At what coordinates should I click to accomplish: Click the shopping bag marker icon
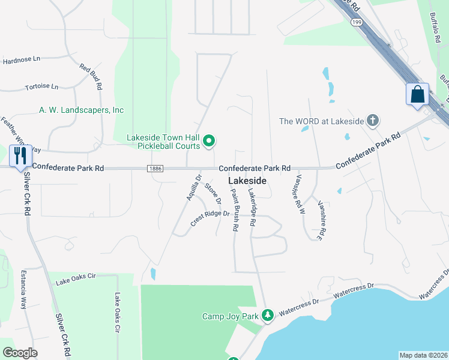tap(417, 95)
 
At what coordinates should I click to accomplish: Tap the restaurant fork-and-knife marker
tap(20, 156)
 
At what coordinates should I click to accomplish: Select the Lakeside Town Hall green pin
tap(209, 142)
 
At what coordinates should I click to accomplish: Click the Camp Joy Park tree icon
tap(268, 315)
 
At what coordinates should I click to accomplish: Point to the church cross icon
tap(372, 121)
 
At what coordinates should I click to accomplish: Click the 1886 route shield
tap(154, 169)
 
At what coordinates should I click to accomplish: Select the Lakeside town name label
tap(246, 181)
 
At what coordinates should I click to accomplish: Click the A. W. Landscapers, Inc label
tap(82, 110)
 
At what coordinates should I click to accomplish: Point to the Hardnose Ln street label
tap(21, 60)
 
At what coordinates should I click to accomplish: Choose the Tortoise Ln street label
tap(41, 86)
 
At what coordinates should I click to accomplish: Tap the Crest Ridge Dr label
tap(210, 218)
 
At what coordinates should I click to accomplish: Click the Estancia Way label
tap(25, 289)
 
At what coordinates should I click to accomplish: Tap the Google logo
tap(20, 353)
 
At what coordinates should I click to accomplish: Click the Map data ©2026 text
tap(423, 355)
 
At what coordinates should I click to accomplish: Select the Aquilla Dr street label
tap(192, 185)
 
